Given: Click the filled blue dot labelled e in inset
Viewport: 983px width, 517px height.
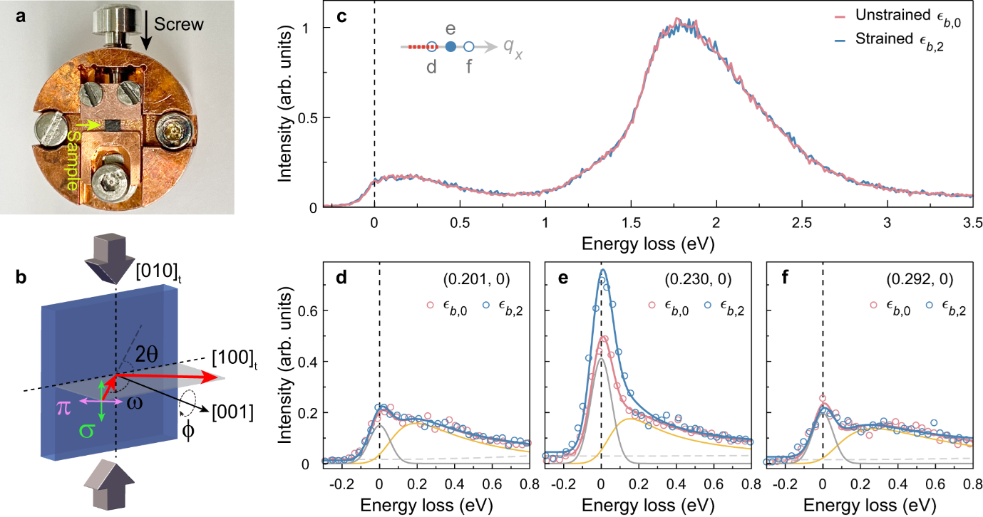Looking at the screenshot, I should coord(451,47).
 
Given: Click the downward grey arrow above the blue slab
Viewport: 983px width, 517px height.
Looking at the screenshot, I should coord(115,256).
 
